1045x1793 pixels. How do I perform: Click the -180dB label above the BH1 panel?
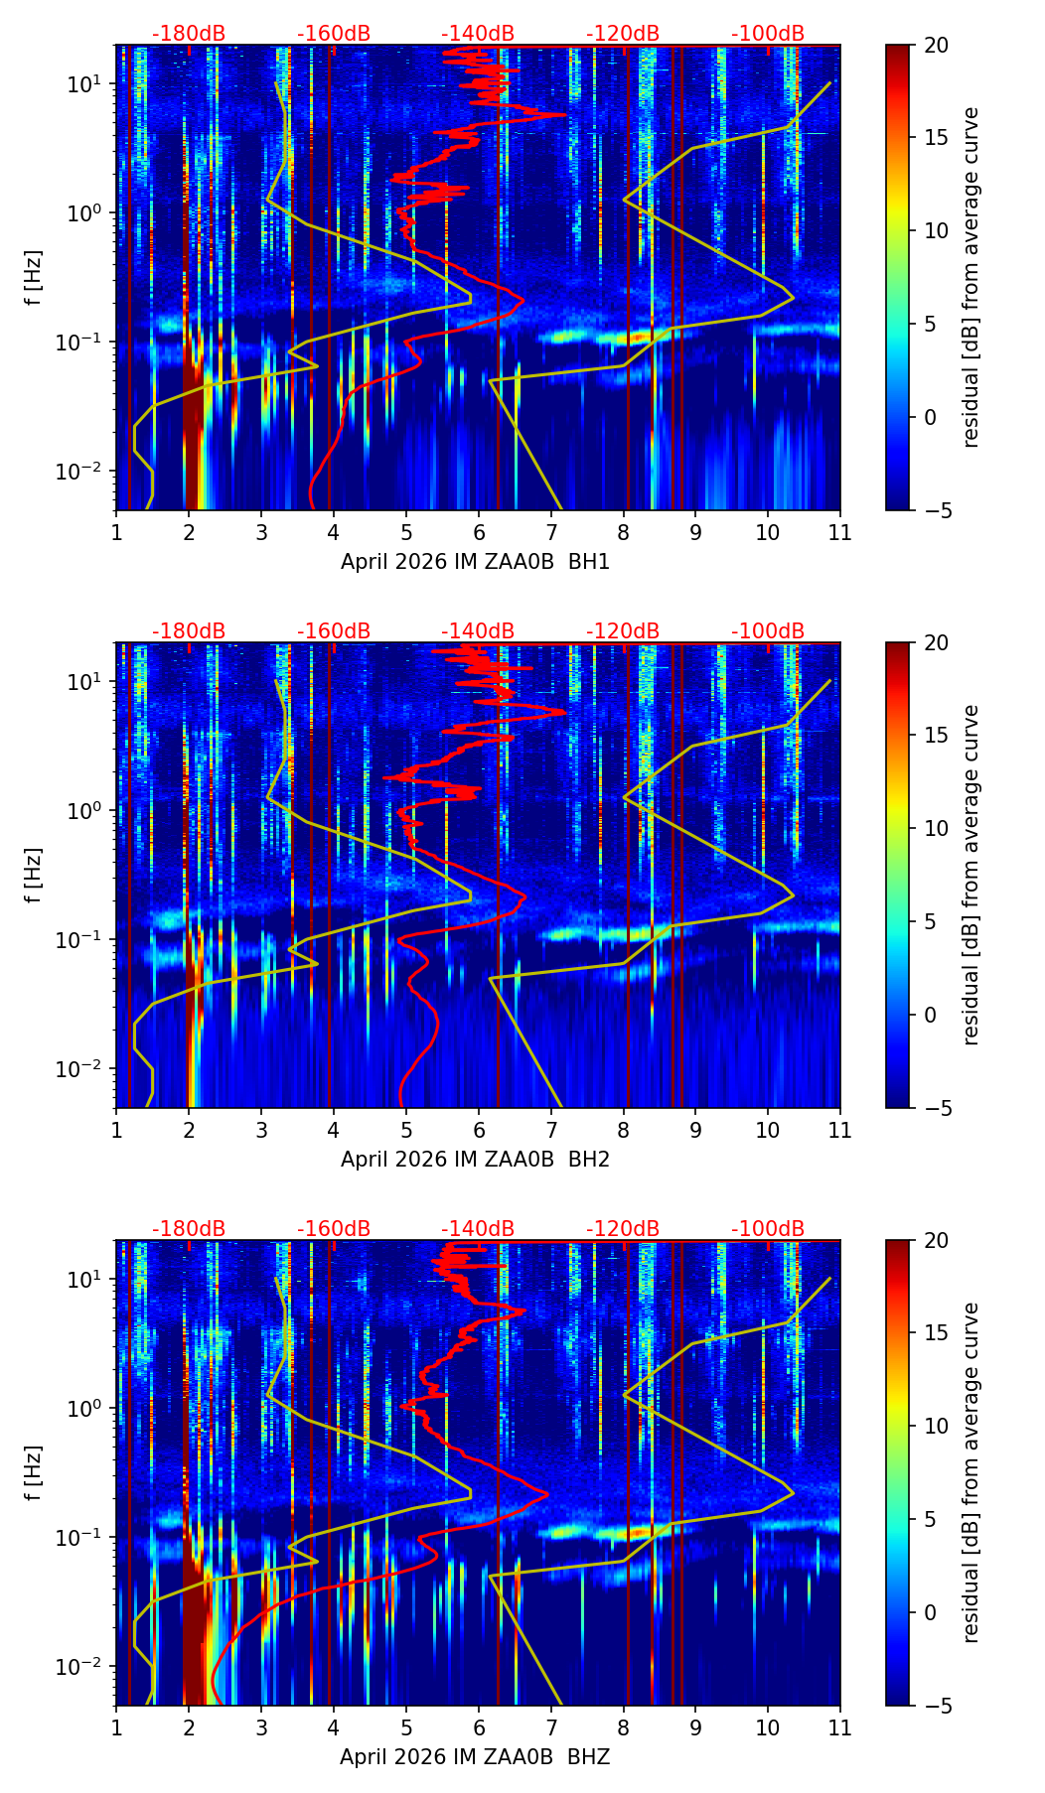pyautogui.click(x=189, y=34)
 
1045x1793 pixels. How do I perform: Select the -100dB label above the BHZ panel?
pyautogui.click(x=768, y=1229)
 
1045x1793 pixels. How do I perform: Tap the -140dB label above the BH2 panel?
pyautogui.click(x=478, y=631)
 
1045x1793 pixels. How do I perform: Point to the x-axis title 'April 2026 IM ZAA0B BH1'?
pyautogui.click(x=475, y=562)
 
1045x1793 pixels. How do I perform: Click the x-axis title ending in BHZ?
pyautogui.click(x=475, y=1757)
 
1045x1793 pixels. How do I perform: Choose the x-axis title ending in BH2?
pyautogui.click(x=475, y=1160)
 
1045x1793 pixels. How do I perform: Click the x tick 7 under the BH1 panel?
pyautogui.click(x=551, y=532)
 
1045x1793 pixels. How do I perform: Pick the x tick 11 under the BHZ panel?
pyautogui.click(x=840, y=1727)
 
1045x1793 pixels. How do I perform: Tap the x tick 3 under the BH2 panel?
pyautogui.click(x=261, y=1130)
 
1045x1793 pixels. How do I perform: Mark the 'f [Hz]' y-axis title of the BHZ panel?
pyautogui.click(x=34, y=1473)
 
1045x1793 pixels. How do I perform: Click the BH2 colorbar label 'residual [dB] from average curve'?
pyautogui.click(x=971, y=875)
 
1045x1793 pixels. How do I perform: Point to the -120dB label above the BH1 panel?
pyautogui.click(x=623, y=34)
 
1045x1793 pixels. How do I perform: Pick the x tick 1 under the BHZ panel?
pyautogui.click(x=116, y=1727)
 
